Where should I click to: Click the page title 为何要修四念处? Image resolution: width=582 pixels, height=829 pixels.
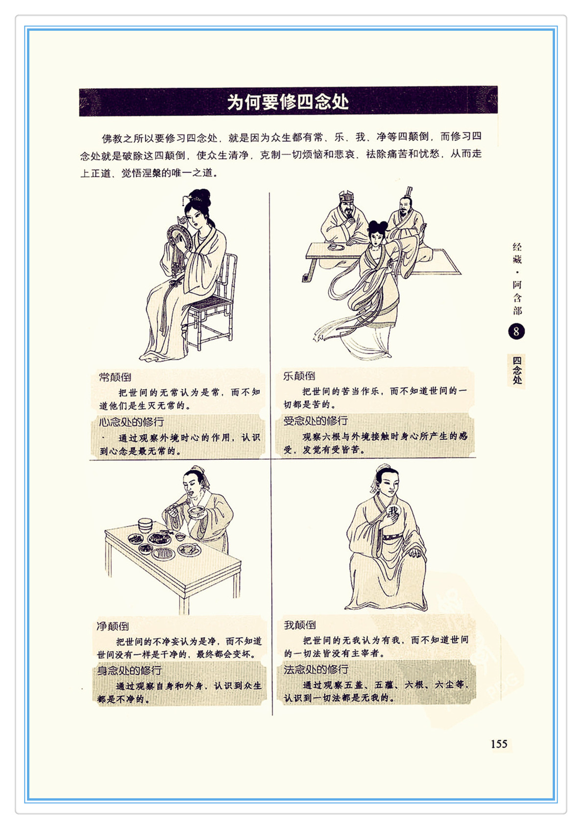click(x=288, y=102)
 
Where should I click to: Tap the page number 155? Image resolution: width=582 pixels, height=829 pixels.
click(x=499, y=744)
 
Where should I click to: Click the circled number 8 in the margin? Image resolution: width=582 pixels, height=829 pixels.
click(x=516, y=331)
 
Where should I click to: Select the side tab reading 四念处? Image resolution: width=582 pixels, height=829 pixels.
click(x=517, y=370)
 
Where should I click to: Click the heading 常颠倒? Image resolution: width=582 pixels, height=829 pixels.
click(x=115, y=377)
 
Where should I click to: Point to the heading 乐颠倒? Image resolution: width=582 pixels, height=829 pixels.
click(x=299, y=376)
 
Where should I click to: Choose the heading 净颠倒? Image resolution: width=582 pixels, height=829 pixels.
click(x=113, y=626)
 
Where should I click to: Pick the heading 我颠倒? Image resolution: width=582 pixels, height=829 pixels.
click(x=300, y=625)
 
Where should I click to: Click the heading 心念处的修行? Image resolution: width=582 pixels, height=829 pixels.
click(x=131, y=422)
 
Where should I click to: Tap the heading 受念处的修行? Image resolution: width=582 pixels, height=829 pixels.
click(x=315, y=421)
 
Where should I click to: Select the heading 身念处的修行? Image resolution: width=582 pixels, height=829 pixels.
click(x=129, y=670)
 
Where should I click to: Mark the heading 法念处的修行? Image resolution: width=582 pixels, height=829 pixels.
click(x=316, y=669)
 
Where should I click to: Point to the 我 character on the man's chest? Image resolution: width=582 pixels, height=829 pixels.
click(x=394, y=511)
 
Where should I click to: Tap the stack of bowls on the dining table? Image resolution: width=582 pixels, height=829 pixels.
click(x=145, y=525)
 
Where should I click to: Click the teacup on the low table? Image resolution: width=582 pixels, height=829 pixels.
click(x=333, y=246)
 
